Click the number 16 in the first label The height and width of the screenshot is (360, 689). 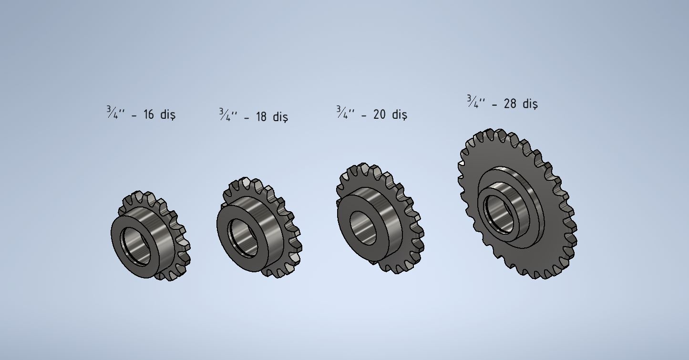click(149, 114)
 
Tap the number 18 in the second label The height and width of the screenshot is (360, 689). click(261, 117)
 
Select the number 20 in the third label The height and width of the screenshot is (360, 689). click(379, 114)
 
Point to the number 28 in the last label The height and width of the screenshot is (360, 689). click(510, 103)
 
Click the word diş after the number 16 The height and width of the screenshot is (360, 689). click(168, 114)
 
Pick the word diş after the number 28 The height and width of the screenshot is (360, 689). click(530, 103)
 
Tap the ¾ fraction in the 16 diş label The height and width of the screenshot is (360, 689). click(112, 113)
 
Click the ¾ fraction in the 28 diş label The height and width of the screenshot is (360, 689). click(473, 102)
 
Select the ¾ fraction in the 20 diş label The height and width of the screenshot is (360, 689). click(342, 113)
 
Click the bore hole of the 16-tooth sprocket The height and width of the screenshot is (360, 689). click(136, 246)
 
